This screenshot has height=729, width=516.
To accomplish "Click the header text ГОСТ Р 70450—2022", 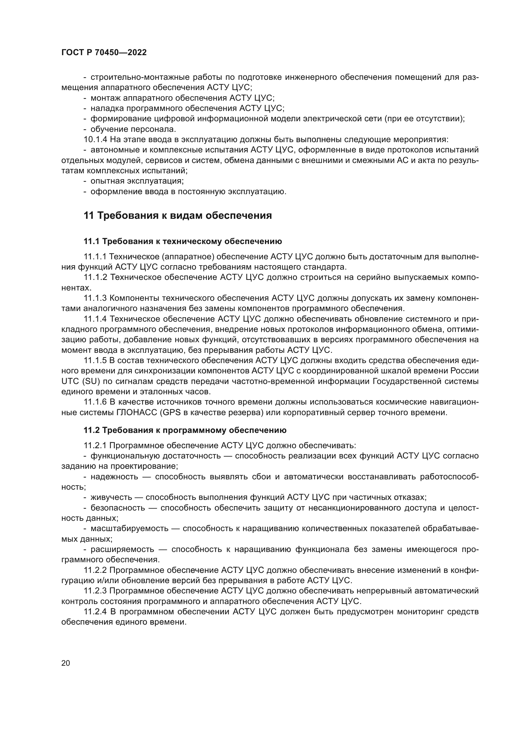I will [x=104, y=53].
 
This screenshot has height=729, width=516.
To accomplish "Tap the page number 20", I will [x=66, y=663].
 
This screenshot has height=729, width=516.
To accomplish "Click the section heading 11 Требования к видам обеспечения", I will [x=178, y=216].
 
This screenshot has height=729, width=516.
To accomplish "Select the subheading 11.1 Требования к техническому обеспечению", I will [x=183, y=242].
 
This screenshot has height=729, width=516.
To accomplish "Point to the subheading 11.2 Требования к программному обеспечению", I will [x=185, y=430].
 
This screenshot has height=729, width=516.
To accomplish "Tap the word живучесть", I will [x=110, y=497].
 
